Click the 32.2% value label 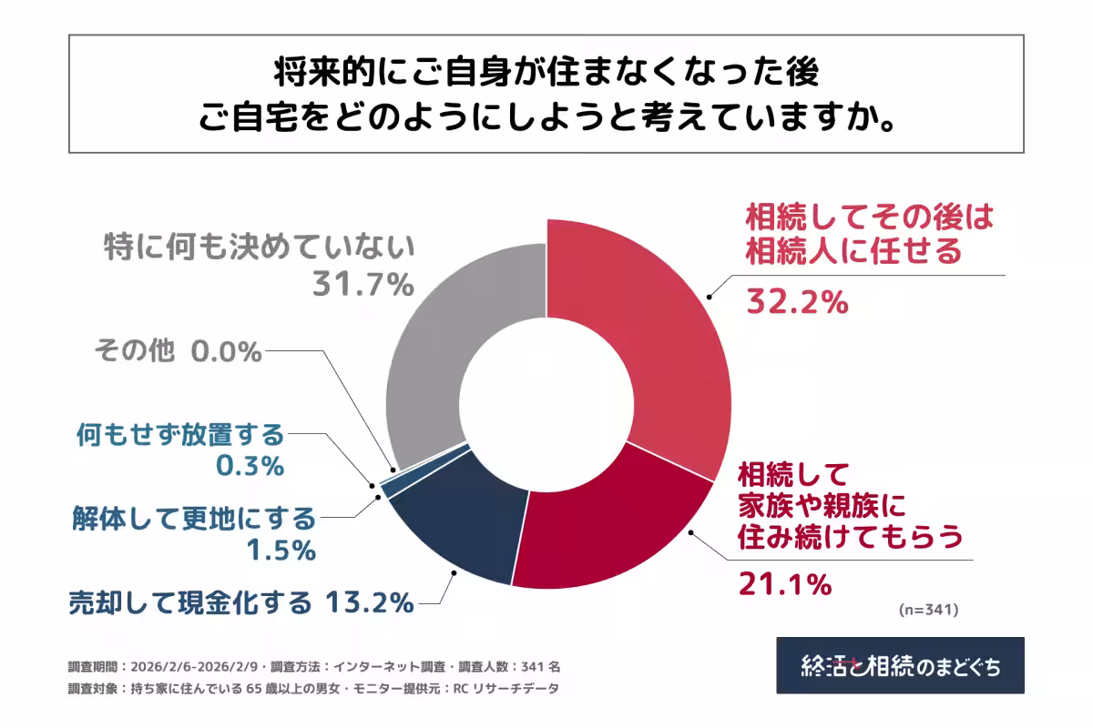coord(797,300)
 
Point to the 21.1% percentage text coord(784,584)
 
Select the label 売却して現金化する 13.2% coord(242,602)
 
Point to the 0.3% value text coord(250,465)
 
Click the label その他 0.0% coord(178,351)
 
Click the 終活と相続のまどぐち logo coord(900,665)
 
